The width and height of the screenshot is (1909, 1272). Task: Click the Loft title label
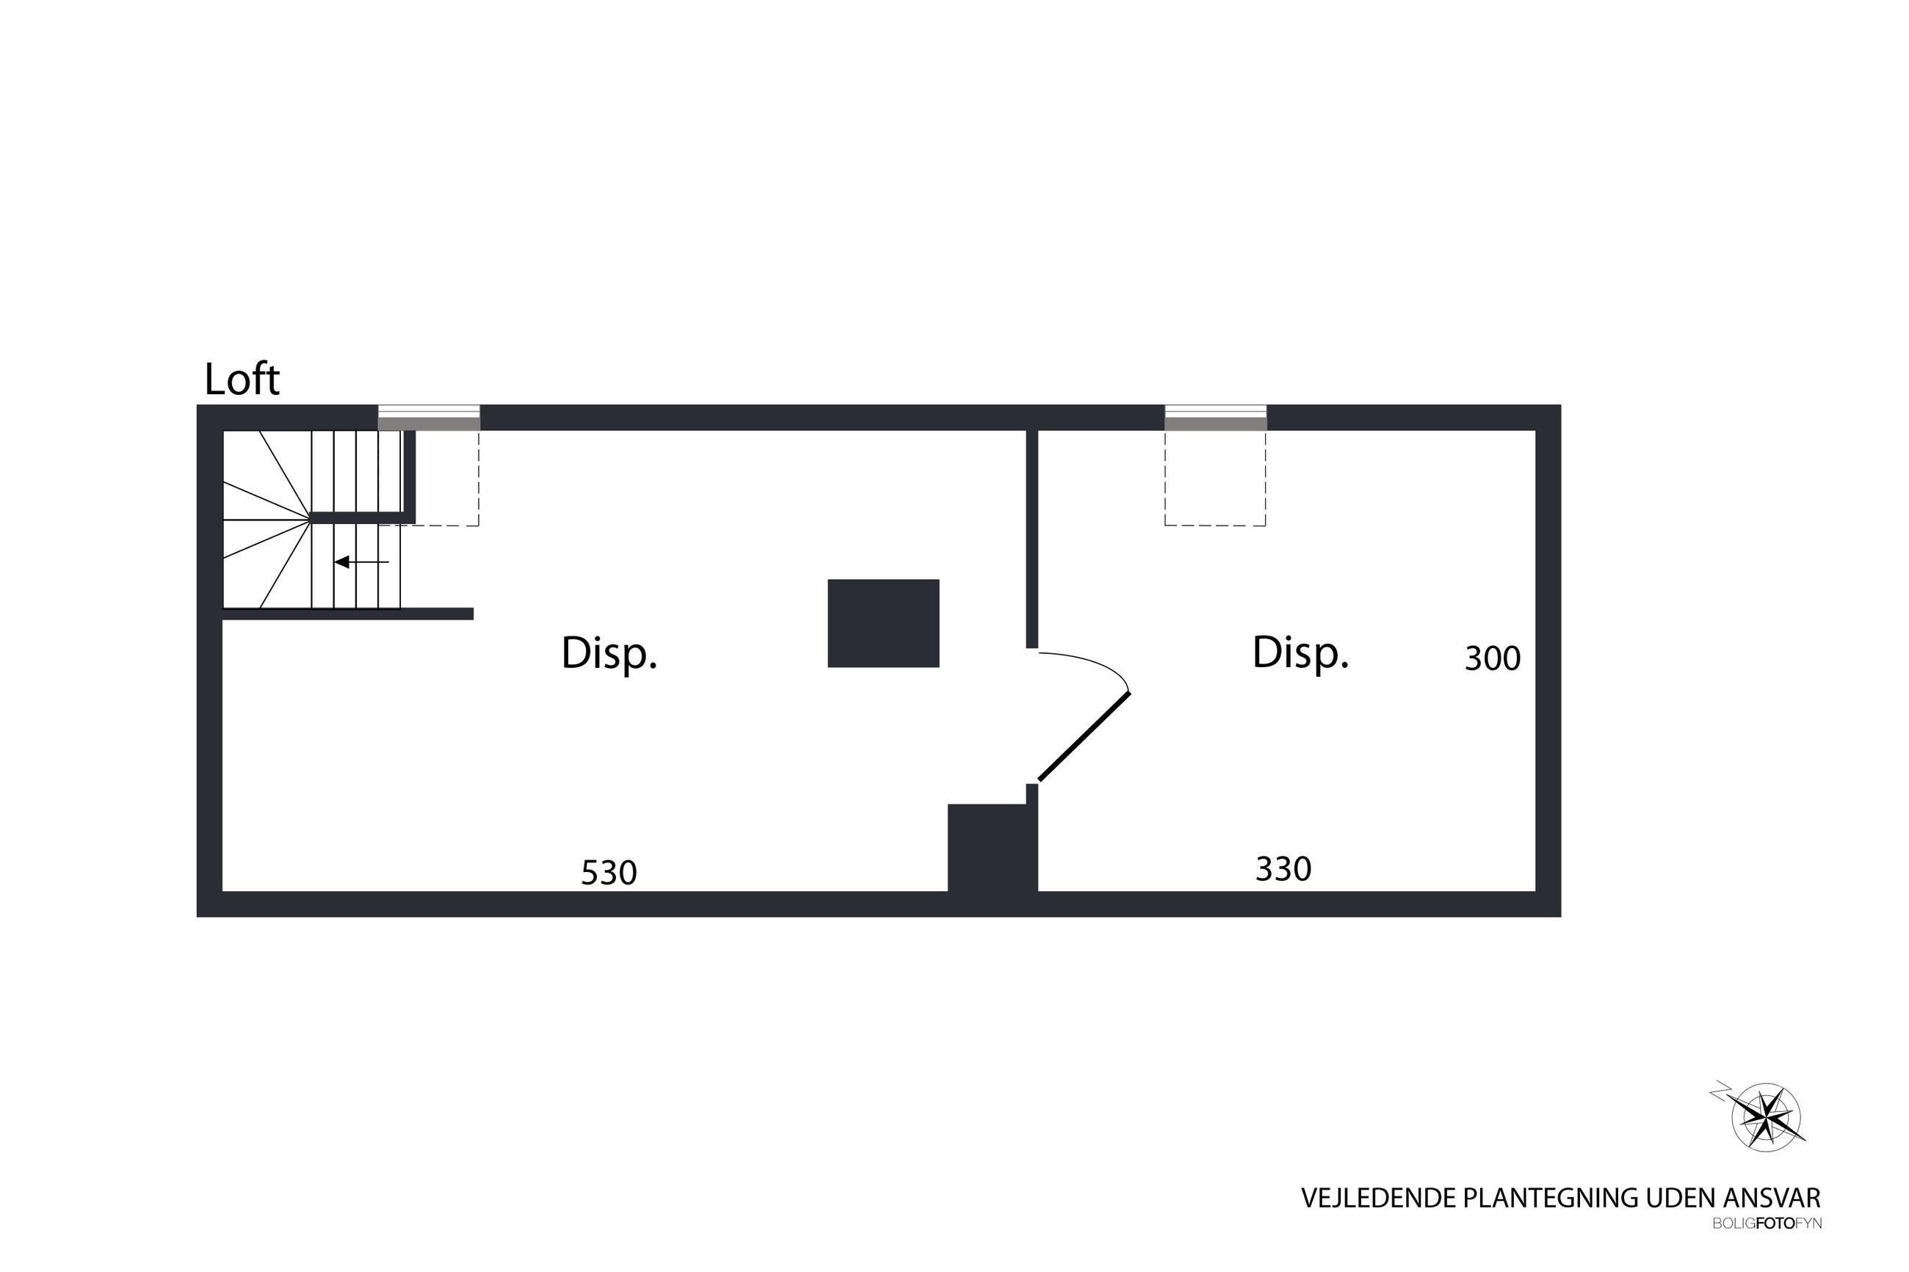242,379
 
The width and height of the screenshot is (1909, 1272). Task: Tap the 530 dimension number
609,873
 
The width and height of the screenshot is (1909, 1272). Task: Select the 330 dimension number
1283,870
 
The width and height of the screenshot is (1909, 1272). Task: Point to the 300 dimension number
1492,658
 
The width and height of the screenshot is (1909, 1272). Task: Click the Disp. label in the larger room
609,654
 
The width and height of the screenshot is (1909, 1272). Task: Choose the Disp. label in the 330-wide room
1300,653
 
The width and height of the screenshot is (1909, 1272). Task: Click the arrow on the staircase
362,562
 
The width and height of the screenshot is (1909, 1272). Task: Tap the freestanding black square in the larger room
883,623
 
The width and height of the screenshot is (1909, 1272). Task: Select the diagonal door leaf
1084,737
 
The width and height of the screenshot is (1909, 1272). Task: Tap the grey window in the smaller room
1215,418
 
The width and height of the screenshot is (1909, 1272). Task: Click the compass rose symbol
1765,1116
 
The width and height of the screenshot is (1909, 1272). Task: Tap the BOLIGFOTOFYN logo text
1767,1224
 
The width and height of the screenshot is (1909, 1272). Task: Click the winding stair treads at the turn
267,519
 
